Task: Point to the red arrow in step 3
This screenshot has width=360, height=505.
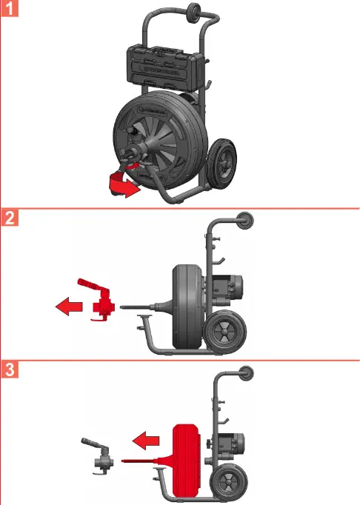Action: pyautogui.click(x=147, y=443)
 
